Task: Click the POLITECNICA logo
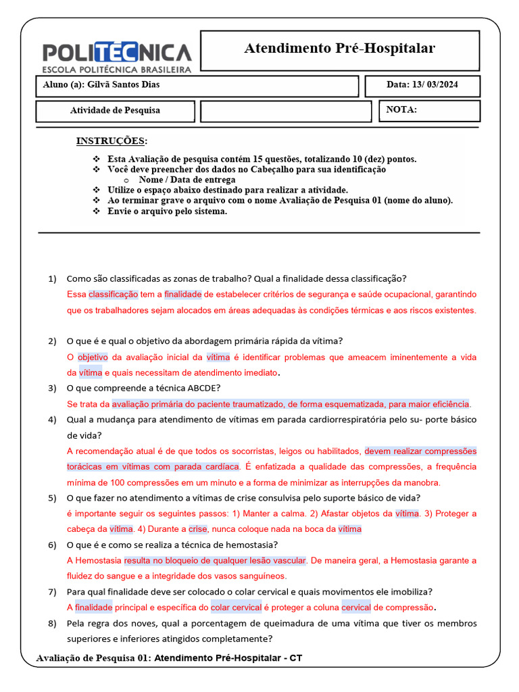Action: pos(117,57)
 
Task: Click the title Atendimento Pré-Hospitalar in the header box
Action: pos(339,49)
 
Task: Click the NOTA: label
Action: pos(401,110)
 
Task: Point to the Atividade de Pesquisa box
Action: pos(115,111)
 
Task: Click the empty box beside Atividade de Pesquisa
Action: pos(286,111)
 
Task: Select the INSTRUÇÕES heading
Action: pos(111,141)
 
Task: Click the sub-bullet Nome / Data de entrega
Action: pos(187,180)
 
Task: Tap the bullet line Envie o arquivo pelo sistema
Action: pos(168,211)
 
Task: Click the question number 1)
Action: pos(53,278)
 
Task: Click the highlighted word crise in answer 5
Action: pos(197,529)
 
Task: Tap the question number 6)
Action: pos(53,545)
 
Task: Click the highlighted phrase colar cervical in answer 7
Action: pos(236,607)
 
